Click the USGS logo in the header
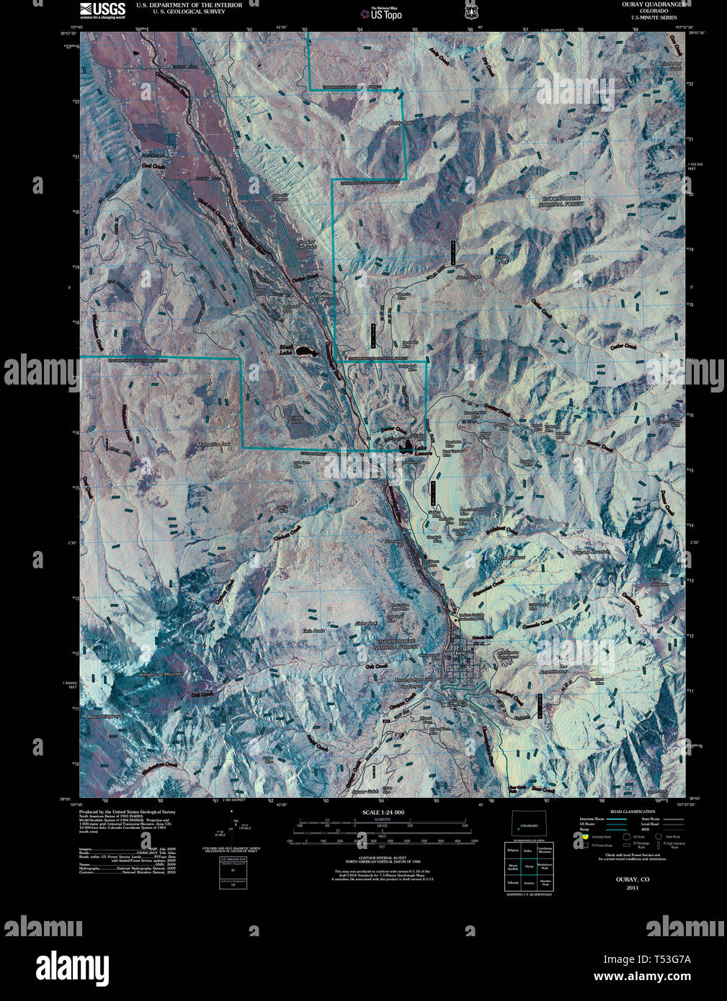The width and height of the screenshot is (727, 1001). [102, 9]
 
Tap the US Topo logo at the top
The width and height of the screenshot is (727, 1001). [385, 13]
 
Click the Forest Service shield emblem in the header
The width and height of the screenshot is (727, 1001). [470, 12]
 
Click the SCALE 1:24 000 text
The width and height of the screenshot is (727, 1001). [383, 812]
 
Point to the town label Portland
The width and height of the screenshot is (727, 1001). [324, 296]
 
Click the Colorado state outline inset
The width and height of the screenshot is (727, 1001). [528, 824]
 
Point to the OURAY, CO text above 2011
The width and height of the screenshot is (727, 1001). [632, 879]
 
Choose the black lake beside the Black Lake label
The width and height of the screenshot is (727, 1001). [305, 352]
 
